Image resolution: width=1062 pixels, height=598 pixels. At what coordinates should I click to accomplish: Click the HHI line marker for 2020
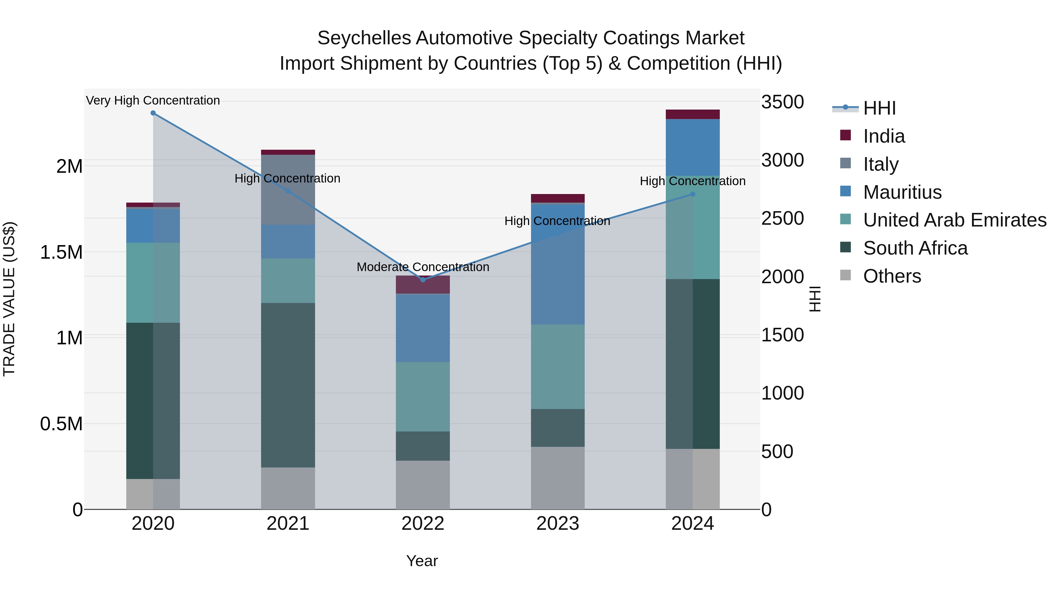(153, 113)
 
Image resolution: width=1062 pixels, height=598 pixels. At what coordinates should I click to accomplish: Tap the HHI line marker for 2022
(422, 280)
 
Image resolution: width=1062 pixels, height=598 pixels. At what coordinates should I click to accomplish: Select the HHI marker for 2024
(693, 194)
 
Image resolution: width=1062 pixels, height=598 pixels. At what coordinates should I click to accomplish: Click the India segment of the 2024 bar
(693, 114)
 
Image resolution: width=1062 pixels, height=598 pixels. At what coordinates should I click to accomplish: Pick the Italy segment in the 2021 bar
(288, 190)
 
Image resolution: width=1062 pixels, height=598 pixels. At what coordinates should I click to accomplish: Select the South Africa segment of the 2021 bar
(288, 385)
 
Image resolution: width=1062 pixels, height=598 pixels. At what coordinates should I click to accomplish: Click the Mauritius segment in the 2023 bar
(557, 264)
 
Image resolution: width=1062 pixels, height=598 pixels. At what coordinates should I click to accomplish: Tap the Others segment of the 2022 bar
(422, 485)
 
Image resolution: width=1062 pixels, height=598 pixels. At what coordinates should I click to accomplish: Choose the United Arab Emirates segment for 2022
(422, 397)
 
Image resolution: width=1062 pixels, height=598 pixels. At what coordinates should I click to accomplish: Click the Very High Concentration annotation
(153, 100)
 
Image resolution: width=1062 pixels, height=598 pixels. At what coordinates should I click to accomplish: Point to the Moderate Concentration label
(422, 267)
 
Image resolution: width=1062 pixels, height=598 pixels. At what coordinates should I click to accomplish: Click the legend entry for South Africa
(915, 248)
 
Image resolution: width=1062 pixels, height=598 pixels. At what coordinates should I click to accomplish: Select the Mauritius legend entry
(902, 192)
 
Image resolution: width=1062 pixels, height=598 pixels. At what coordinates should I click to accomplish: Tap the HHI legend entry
(879, 108)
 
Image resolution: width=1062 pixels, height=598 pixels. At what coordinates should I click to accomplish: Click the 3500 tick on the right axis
(782, 102)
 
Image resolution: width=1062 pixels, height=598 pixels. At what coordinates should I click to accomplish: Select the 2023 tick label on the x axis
(557, 524)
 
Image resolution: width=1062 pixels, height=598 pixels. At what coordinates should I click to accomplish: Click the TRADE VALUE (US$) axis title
(9, 299)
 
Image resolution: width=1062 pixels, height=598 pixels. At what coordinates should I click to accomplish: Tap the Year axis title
(422, 561)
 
